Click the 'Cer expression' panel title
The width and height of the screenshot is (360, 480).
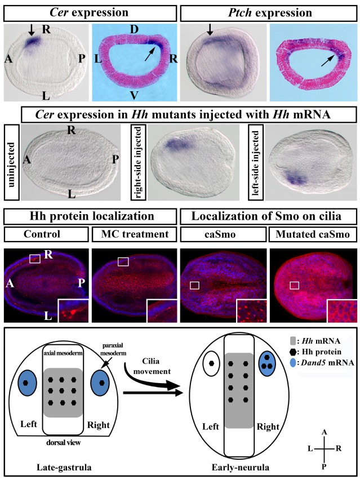click(88, 12)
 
